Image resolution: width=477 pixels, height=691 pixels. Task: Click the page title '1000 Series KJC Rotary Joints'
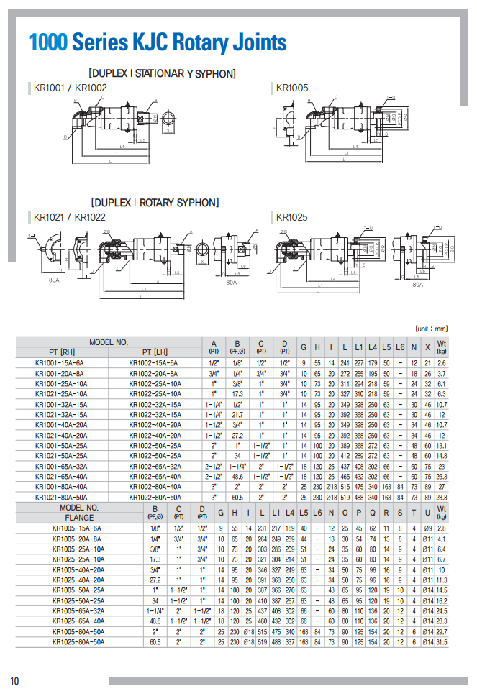158,42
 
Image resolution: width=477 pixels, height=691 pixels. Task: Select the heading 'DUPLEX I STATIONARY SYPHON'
162,73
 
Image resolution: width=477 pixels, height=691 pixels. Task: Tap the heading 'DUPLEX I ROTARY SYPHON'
155,203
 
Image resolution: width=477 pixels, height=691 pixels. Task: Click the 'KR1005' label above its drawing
292,88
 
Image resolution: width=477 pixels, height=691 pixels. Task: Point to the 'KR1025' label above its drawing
292,217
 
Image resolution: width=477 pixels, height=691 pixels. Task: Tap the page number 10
14,680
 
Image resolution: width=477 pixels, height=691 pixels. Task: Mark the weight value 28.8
442,496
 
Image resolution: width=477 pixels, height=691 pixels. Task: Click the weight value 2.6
442,363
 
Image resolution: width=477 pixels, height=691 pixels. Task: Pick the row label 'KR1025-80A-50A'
78,641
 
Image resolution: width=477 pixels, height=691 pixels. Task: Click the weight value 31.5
442,641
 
